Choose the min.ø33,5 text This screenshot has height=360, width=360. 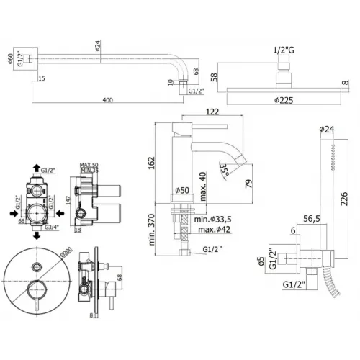click(x=217, y=220)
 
